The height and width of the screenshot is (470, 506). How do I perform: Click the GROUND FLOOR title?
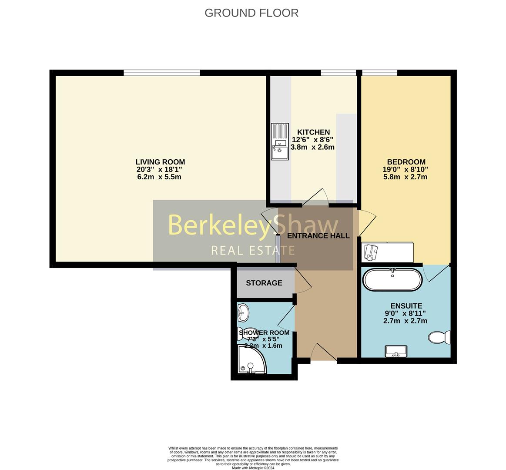pyautogui.click(x=251, y=13)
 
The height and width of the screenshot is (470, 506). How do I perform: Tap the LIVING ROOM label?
pyautogui.click(x=160, y=162)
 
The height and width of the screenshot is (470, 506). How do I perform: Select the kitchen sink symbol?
pyautogui.click(x=280, y=141)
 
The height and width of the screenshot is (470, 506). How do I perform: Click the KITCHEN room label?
pyautogui.click(x=313, y=132)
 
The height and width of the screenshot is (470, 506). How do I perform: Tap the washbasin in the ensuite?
pyautogui.click(x=395, y=351)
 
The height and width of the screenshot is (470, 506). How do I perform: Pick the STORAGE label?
pyautogui.click(x=264, y=283)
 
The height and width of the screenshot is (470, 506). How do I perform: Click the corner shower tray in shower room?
pyautogui.click(x=250, y=360)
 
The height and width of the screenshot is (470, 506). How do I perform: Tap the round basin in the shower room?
pyautogui.click(x=243, y=312)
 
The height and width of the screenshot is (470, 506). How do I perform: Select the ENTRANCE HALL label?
pyautogui.click(x=318, y=236)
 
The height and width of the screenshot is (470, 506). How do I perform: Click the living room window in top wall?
pyautogui.click(x=162, y=73)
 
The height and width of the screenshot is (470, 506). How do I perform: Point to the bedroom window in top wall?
pyautogui.click(x=379, y=73)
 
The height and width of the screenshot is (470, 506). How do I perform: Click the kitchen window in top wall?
pyautogui.click(x=338, y=73)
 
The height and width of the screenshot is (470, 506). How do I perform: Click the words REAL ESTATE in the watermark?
pyautogui.click(x=253, y=250)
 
